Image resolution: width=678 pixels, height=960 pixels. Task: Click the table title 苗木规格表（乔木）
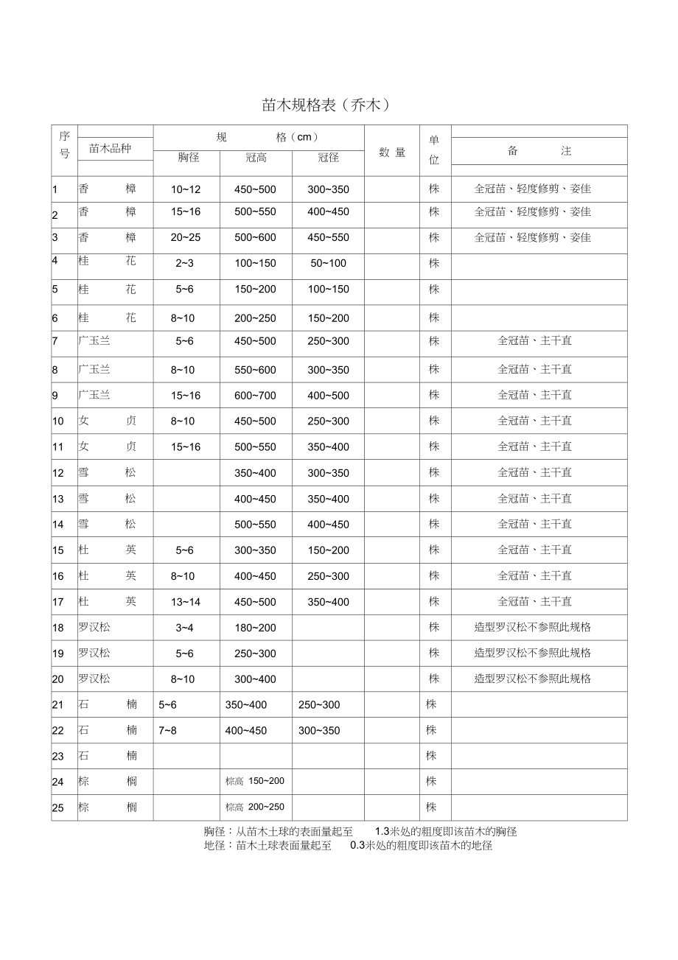[x=325, y=105]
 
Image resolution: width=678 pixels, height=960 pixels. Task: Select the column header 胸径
[x=189, y=157]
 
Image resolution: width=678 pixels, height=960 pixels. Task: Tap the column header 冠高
[x=256, y=157]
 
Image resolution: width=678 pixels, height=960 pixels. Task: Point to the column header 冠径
[x=328, y=157]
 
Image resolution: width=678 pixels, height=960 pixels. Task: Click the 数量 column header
[x=392, y=153]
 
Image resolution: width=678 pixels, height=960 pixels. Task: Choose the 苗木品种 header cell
[x=110, y=148]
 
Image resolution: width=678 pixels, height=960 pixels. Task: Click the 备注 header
[x=539, y=151]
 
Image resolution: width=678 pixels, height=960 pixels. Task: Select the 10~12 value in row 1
[x=186, y=189]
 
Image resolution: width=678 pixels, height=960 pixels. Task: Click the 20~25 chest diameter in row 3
[x=186, y=238]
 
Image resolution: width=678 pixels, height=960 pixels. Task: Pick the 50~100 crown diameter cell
[x=328, y=263]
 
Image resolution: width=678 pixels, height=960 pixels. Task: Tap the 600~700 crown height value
[x=255, y=396]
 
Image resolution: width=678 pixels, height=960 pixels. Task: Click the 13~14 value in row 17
[x=186, y=602]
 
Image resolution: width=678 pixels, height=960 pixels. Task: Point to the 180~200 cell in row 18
[x=255, y=628]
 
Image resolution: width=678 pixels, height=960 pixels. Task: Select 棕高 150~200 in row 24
[x=255, y=781]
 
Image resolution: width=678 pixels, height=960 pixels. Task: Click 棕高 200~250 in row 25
[x=255, y=807]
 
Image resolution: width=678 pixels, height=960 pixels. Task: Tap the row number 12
[x=58, y=473]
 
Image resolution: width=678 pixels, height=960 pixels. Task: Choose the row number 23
[x=58, y=756]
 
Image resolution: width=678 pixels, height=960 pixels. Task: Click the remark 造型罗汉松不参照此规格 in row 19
[x=532, y=653]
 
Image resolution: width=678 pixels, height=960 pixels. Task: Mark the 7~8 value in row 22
[x=168, y=730]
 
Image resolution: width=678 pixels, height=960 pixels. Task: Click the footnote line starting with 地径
[x=348, y=846]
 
